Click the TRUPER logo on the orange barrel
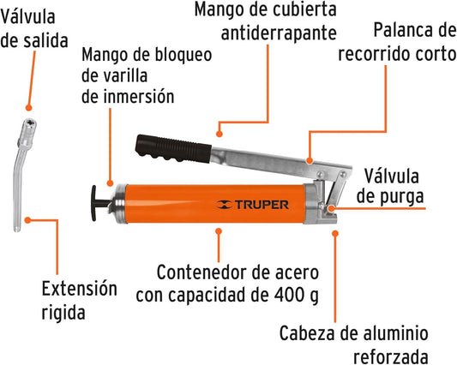tap(253, 205)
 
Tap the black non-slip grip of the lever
tap(173, 148)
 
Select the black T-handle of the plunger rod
tap(98, 203)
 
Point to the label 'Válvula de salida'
tap(34, 28)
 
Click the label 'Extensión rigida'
tap(79, 301)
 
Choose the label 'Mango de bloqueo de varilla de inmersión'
tap(147, 75)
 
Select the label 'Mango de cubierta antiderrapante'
tap(266, 21)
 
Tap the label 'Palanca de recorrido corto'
tap(397, 42)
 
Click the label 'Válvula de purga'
tap(390, 187)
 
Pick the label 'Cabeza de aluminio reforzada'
tap(353, 344)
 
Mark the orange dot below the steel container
tap(219, 231)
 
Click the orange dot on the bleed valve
tap(331, 208)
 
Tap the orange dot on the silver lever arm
tap(310, 160)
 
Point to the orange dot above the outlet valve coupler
tap(28, 108)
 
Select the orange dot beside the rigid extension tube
tap(27, 220)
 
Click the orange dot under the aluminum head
tap(335, 233)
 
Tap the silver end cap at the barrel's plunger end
tap(119, 204)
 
